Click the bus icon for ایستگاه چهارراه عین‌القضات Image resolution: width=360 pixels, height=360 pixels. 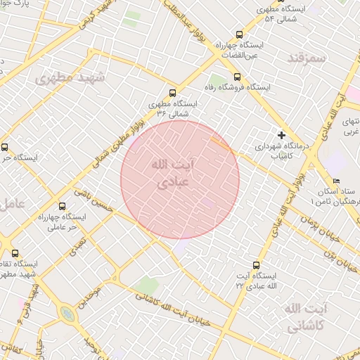coord(239,34)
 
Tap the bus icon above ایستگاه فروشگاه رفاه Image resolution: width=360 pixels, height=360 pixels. coord(236,77)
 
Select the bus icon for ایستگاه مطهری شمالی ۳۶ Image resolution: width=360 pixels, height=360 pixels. coord(174,92)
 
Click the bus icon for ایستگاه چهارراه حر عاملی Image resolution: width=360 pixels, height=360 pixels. coord(62,207)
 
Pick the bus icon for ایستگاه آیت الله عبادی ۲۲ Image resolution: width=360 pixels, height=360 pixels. coord(255,265)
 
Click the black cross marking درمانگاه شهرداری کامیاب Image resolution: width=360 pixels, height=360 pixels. coord(282,134)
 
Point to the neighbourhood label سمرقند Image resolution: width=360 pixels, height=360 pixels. coord(307,58)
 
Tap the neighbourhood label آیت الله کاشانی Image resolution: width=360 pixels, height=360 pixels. coord(305,318)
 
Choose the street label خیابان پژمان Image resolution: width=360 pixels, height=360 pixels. coord(310,224)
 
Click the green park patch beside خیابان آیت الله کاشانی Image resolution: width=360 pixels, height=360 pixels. coord(148,285)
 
